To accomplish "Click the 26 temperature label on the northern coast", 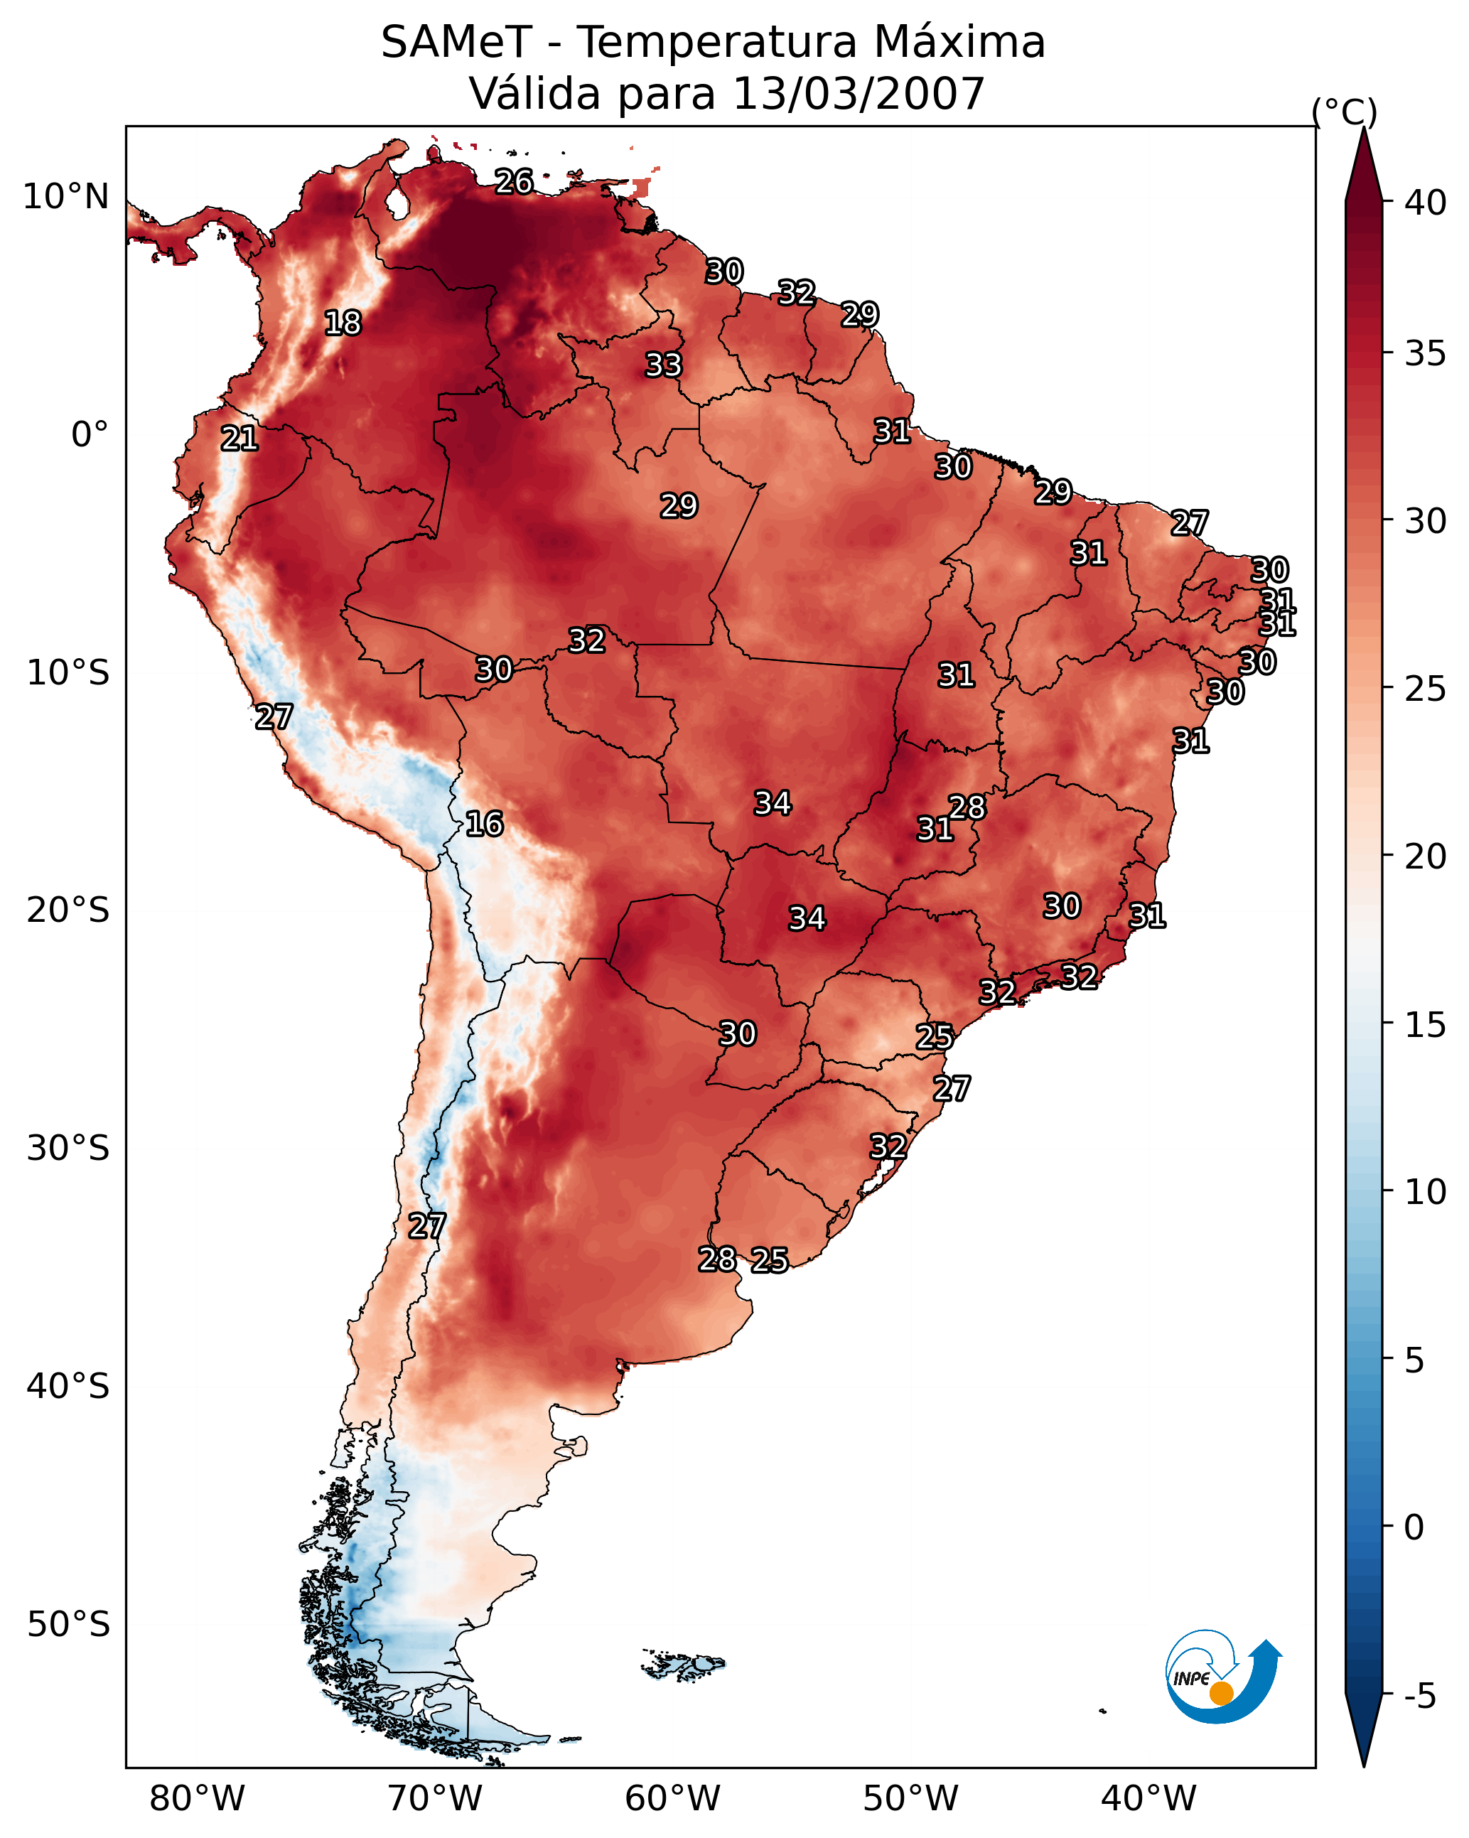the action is (x=514, y=181).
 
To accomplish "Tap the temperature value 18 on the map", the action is (x=343, y=323).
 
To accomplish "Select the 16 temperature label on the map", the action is (x=484, y=824).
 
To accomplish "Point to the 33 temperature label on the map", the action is (x=663, y=365).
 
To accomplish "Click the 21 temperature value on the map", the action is (x=240, y=439).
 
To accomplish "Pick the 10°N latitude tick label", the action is (x=65, y=197).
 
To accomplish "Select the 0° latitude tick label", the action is (x=90, y=435).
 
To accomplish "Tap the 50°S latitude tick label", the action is (x=68, y=1625).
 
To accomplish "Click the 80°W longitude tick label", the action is (x=197, y=1799).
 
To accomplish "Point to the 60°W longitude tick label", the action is (x=673, y=1799).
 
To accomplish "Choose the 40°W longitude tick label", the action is (x=1148, y=1799).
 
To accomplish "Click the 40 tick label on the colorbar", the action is (x=1426, y=203).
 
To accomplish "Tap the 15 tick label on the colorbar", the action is (x=1426, y=1025).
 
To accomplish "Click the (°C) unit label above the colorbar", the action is (x=1345, y=112).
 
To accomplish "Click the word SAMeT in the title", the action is (x=456, y=43).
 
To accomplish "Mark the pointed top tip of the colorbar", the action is (x=1364, y=128).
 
